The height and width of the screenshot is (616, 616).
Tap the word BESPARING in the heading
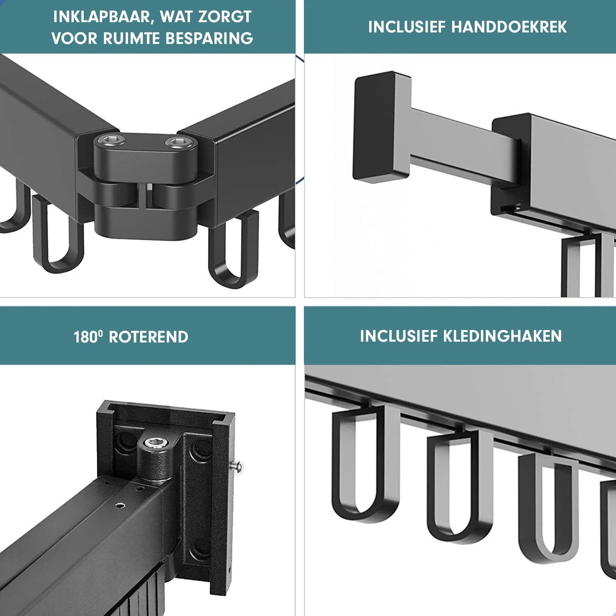209,38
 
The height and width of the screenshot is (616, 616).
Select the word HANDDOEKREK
509,27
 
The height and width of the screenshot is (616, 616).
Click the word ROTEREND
149,337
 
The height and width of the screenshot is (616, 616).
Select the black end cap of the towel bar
381,128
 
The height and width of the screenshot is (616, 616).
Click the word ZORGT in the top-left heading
225,16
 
